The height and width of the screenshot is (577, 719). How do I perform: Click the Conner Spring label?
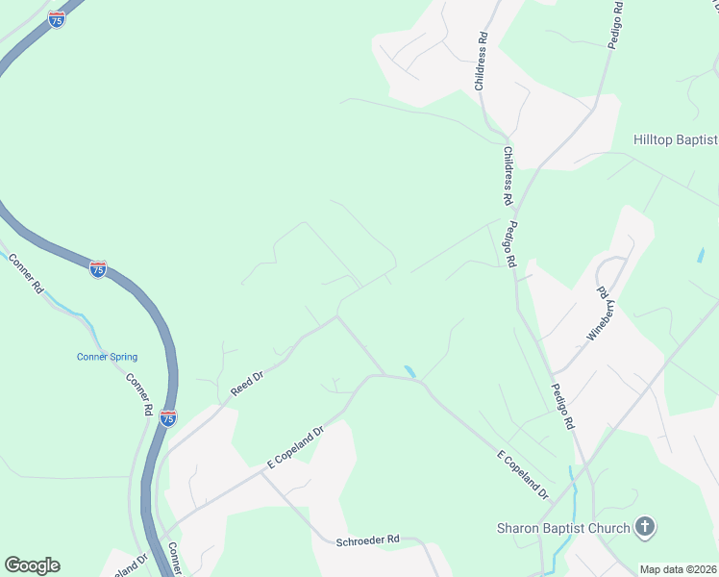pyautogui.click(x=107, y=357)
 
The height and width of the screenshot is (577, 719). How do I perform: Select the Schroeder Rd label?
pyautogui.click(x=367, y=540)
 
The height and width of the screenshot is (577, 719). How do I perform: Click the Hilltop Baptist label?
pyautogui.click(x=675, y=139)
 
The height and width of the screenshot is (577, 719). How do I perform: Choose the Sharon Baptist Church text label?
pyautogui.click(x=563, y=527)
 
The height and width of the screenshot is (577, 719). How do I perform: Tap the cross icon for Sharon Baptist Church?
pyautogui.click(x=645, y=527)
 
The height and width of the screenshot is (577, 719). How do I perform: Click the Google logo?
pyautogui.click(x=32, y=565)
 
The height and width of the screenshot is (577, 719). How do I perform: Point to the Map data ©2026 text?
pyautogui.click(x=679, y=568)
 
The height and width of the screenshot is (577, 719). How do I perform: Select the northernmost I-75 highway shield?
pyautogui.click(x=57, y=19)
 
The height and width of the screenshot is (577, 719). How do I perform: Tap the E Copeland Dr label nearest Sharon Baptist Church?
pyautogui.click(x=523, y=475)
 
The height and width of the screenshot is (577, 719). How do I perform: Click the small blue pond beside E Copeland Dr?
pyautogui.click(x=410, y=371)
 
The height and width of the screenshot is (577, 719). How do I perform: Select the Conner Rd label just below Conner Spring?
pyautogui.click(x=140, y=393)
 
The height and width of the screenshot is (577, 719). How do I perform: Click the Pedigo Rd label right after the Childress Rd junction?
pyautogui.click(x=510, y=246)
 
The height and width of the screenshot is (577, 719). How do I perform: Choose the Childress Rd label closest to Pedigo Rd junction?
pyautogui.click(x=507, y=176)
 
